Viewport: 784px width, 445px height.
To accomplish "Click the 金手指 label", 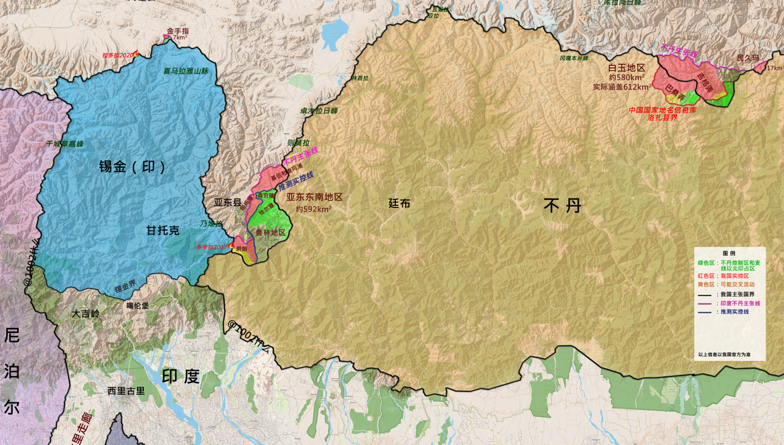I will point(178,31).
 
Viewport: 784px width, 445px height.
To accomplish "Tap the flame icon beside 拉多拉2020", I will point(136,54).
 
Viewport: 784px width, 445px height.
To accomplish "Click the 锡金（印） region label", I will point(132,166).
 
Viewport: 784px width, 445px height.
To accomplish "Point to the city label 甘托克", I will point(163,230).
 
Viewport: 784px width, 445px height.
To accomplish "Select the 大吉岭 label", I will point(85,314).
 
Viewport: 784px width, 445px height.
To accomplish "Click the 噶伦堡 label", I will point(137,306).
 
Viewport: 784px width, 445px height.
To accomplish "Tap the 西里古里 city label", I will point(126,391).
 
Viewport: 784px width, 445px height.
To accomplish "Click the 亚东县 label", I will point(227,202).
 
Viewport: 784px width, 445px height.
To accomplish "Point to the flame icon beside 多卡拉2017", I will point(231,246).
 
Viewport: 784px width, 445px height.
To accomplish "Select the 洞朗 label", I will point(241,249).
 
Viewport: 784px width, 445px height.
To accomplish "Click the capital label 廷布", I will point(399,203).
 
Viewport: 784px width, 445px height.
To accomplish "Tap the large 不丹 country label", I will point(562,205).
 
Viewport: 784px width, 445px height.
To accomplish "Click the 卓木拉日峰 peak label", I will point(319,111).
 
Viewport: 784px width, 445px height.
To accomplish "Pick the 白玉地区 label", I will point(626,68).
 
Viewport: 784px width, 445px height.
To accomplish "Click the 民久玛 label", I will point(748,58).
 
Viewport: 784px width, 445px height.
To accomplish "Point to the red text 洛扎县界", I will point(662,117).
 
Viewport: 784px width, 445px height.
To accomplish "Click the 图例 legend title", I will point(729,253).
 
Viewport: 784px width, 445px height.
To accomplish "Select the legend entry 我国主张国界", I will point(737,295).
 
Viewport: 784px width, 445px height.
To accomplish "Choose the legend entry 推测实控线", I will point(734,312).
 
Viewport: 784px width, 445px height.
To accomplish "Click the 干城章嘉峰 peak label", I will point(65,144).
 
